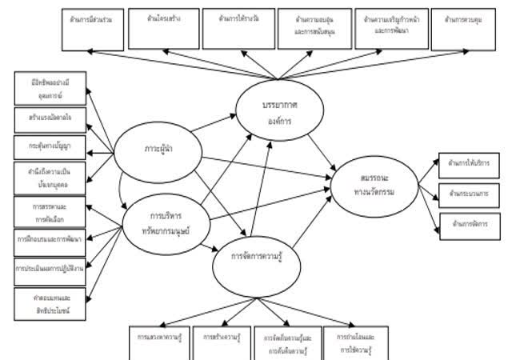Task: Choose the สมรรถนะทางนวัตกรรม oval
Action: (x=374, y=186)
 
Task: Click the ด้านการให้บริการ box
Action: (x=469, y=164)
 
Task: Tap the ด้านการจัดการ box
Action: (x=469, y=222)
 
